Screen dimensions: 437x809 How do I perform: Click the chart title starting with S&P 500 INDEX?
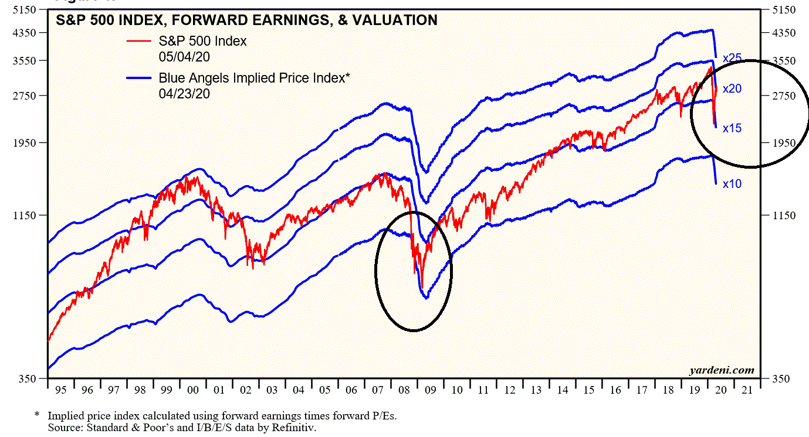pos(246,21)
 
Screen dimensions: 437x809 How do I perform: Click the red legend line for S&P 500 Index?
pos(140,41)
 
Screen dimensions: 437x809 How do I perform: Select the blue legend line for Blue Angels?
pos(140,77)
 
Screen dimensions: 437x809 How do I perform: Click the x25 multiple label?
pos(732,58)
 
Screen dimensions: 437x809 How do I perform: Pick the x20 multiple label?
pos(732,89)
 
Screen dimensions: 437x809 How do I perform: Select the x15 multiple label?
pos(732,128)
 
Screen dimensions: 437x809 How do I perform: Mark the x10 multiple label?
pos(732,184)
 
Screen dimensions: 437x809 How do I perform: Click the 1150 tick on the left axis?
pos(24,216)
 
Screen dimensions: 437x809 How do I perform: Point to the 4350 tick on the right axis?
pos(784,33)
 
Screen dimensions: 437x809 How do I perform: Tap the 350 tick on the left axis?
pos(27,379)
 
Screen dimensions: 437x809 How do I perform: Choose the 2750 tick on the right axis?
pos(784,96)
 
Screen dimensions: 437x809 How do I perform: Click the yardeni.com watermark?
pos(722,370)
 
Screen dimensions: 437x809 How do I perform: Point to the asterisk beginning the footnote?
pos(37,415)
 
